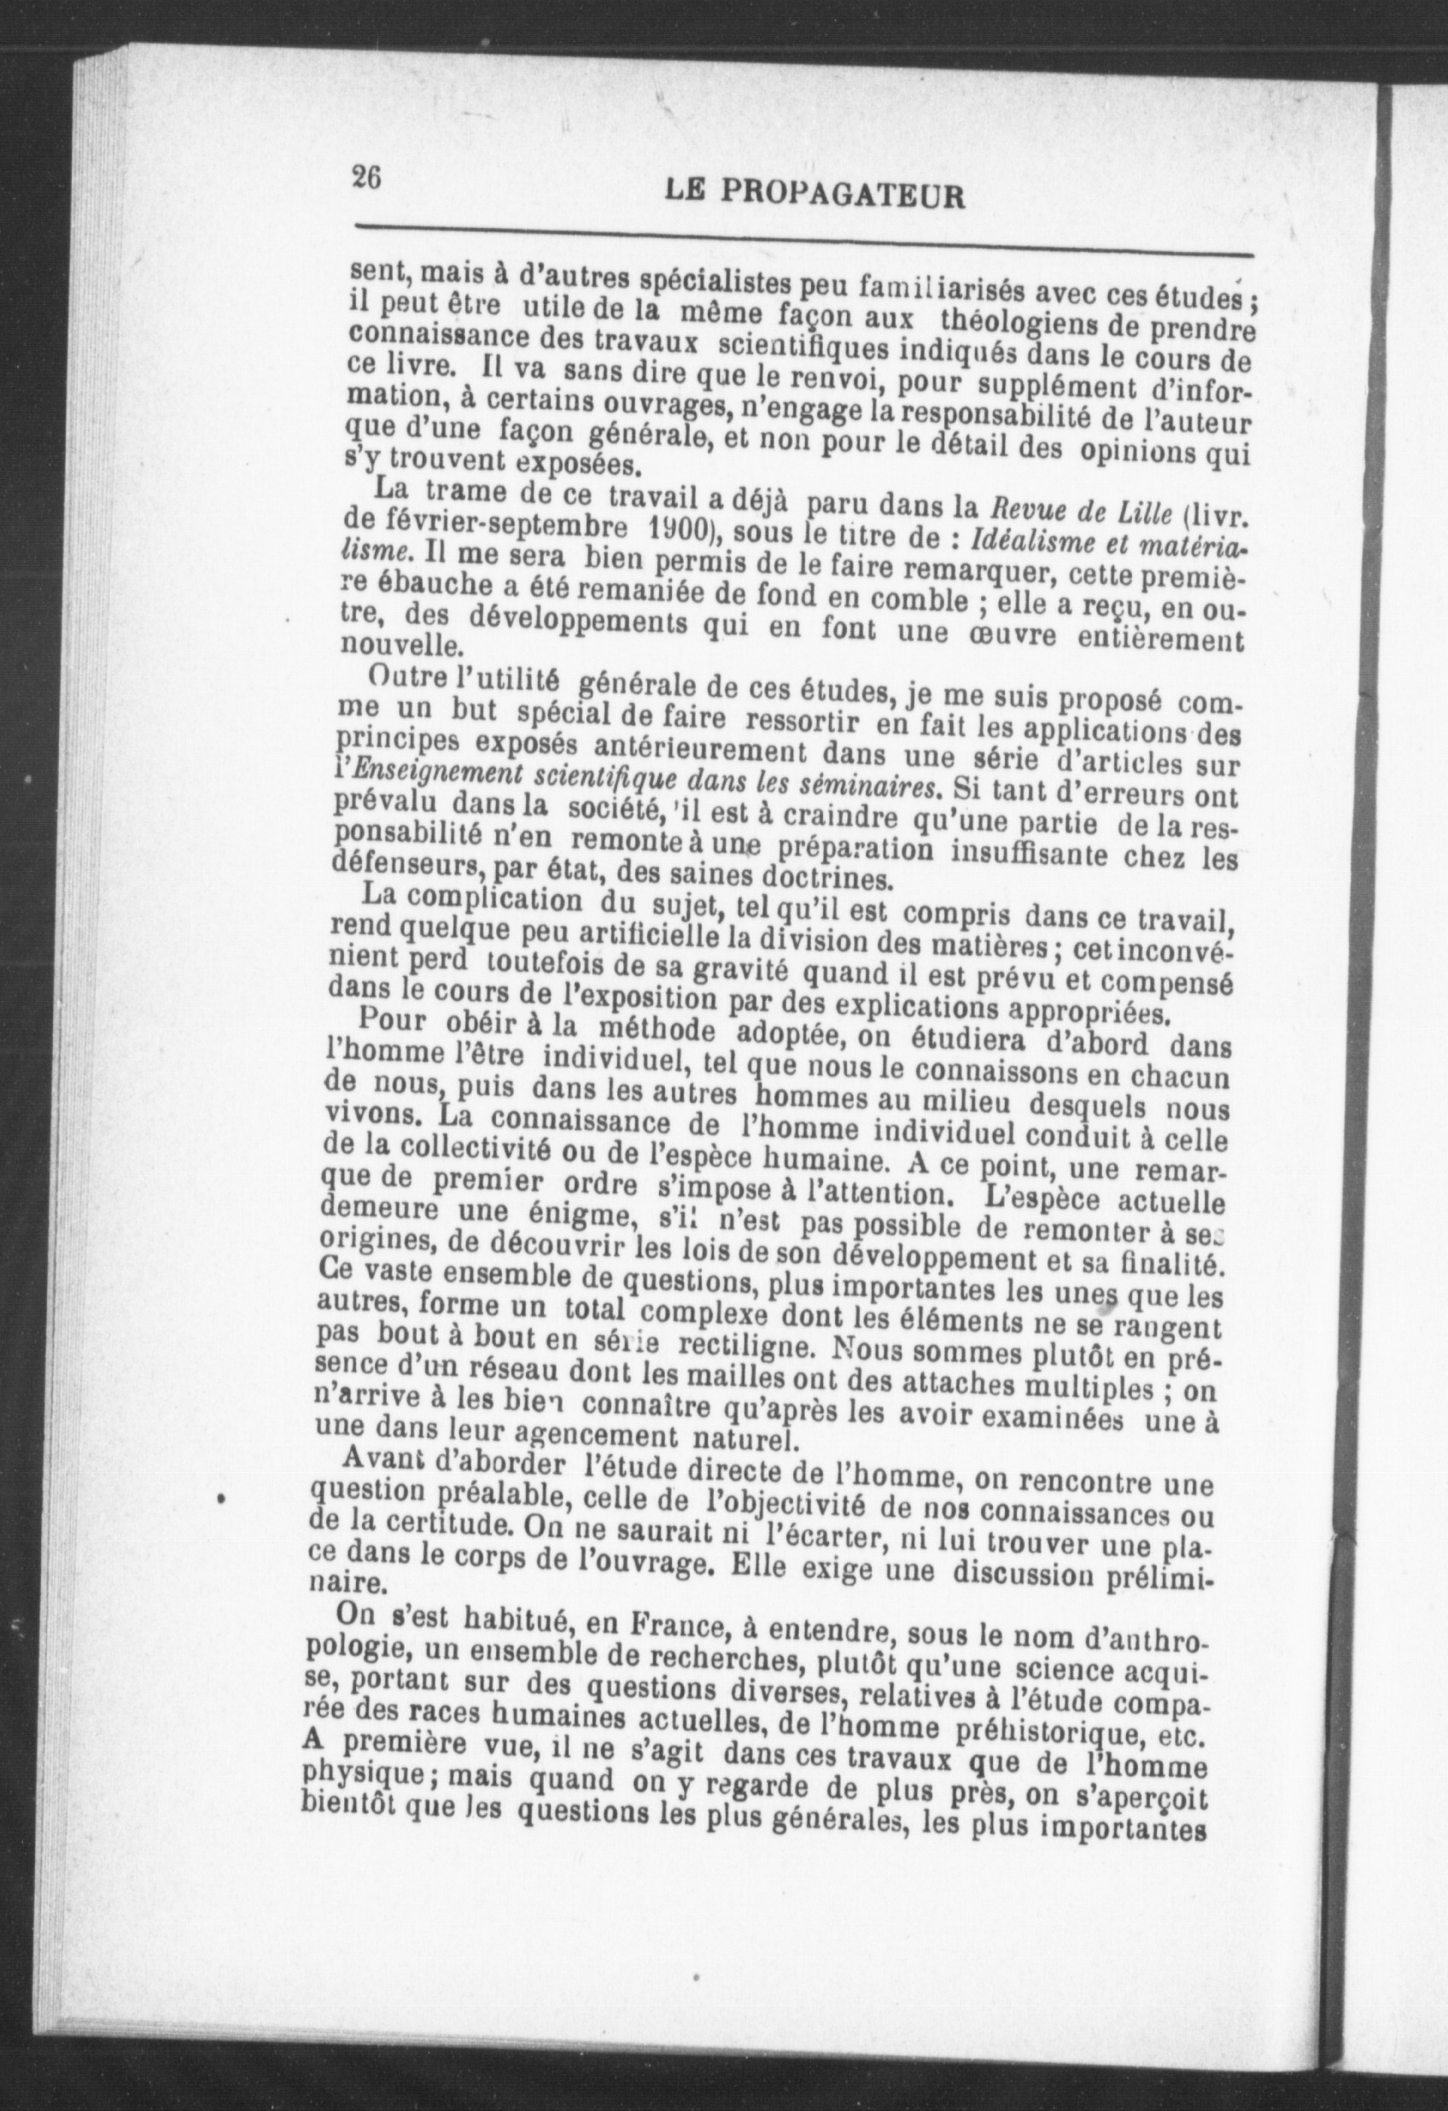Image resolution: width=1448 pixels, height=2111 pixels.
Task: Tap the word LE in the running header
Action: (x=685, y=190)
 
